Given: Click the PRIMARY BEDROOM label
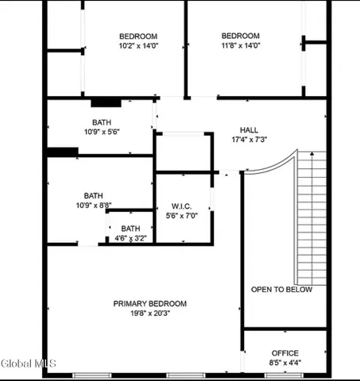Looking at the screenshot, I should (149, 303).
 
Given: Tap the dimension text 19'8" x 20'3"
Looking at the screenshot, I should (149, 313).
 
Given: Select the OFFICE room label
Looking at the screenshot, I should (284, 353).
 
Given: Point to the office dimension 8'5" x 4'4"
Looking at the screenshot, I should (284, 363).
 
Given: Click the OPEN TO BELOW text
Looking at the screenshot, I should (282, 290).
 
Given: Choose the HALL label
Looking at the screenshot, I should (249, 129).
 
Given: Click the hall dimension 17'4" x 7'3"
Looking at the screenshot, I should (249, 140).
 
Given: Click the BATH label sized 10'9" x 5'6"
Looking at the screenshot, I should (101, 122).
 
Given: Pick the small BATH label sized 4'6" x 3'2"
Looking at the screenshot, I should (130, 228).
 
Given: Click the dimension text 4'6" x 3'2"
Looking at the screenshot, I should (130, 237).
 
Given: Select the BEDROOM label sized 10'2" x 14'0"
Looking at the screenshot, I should (138, 36).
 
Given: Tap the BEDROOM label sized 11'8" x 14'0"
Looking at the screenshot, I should (240, 36).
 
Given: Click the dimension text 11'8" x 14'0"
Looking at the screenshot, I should (240, 46).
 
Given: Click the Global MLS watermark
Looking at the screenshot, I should (23, 364).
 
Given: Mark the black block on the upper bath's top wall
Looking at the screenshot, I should (105, 102).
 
